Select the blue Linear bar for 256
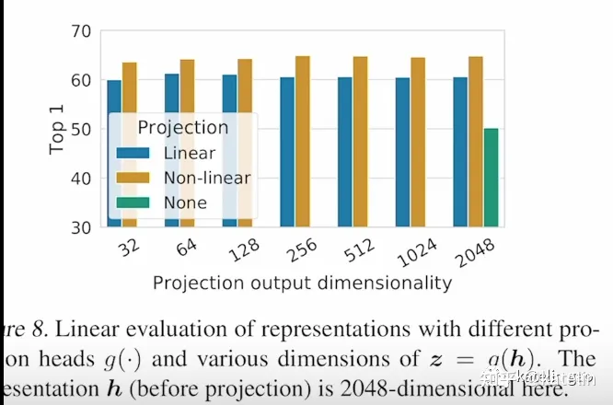(287, 152)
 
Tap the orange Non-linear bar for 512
(360, 142)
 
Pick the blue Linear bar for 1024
(402, 152)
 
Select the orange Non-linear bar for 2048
(475, 142)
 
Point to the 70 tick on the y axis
(80, 31)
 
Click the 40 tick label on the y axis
(80, 178)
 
